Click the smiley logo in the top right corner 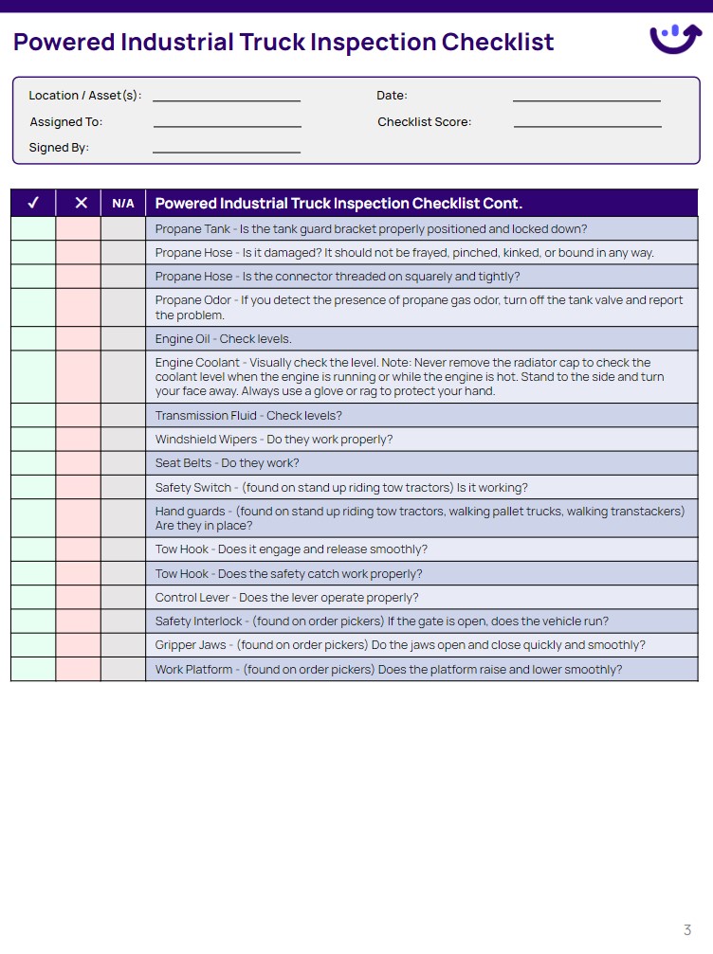tap(675, 38)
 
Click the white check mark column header tap(33, 204)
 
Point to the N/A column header tap(123, 204)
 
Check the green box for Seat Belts tap(33, 463)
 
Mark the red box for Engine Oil tap(78, 339)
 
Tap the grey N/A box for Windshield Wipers tap(123, 440)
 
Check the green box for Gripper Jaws tap(33, 645)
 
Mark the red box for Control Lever tap(78, 598)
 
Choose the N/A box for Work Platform tap(123, 670)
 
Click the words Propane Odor tap(192, 300)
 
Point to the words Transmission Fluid tap(206, 416)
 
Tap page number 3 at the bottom tap(687, 929)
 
